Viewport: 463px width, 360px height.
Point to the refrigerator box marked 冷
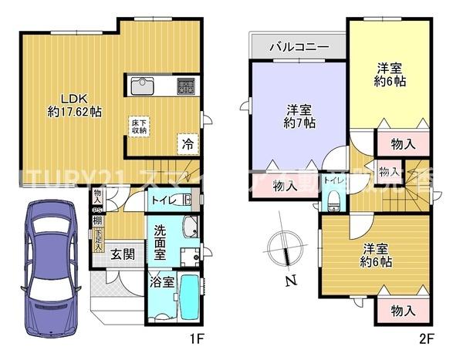pyautogui.click(x=188, y=143)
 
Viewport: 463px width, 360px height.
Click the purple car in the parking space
pyautogui.click(x=48, y=265)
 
